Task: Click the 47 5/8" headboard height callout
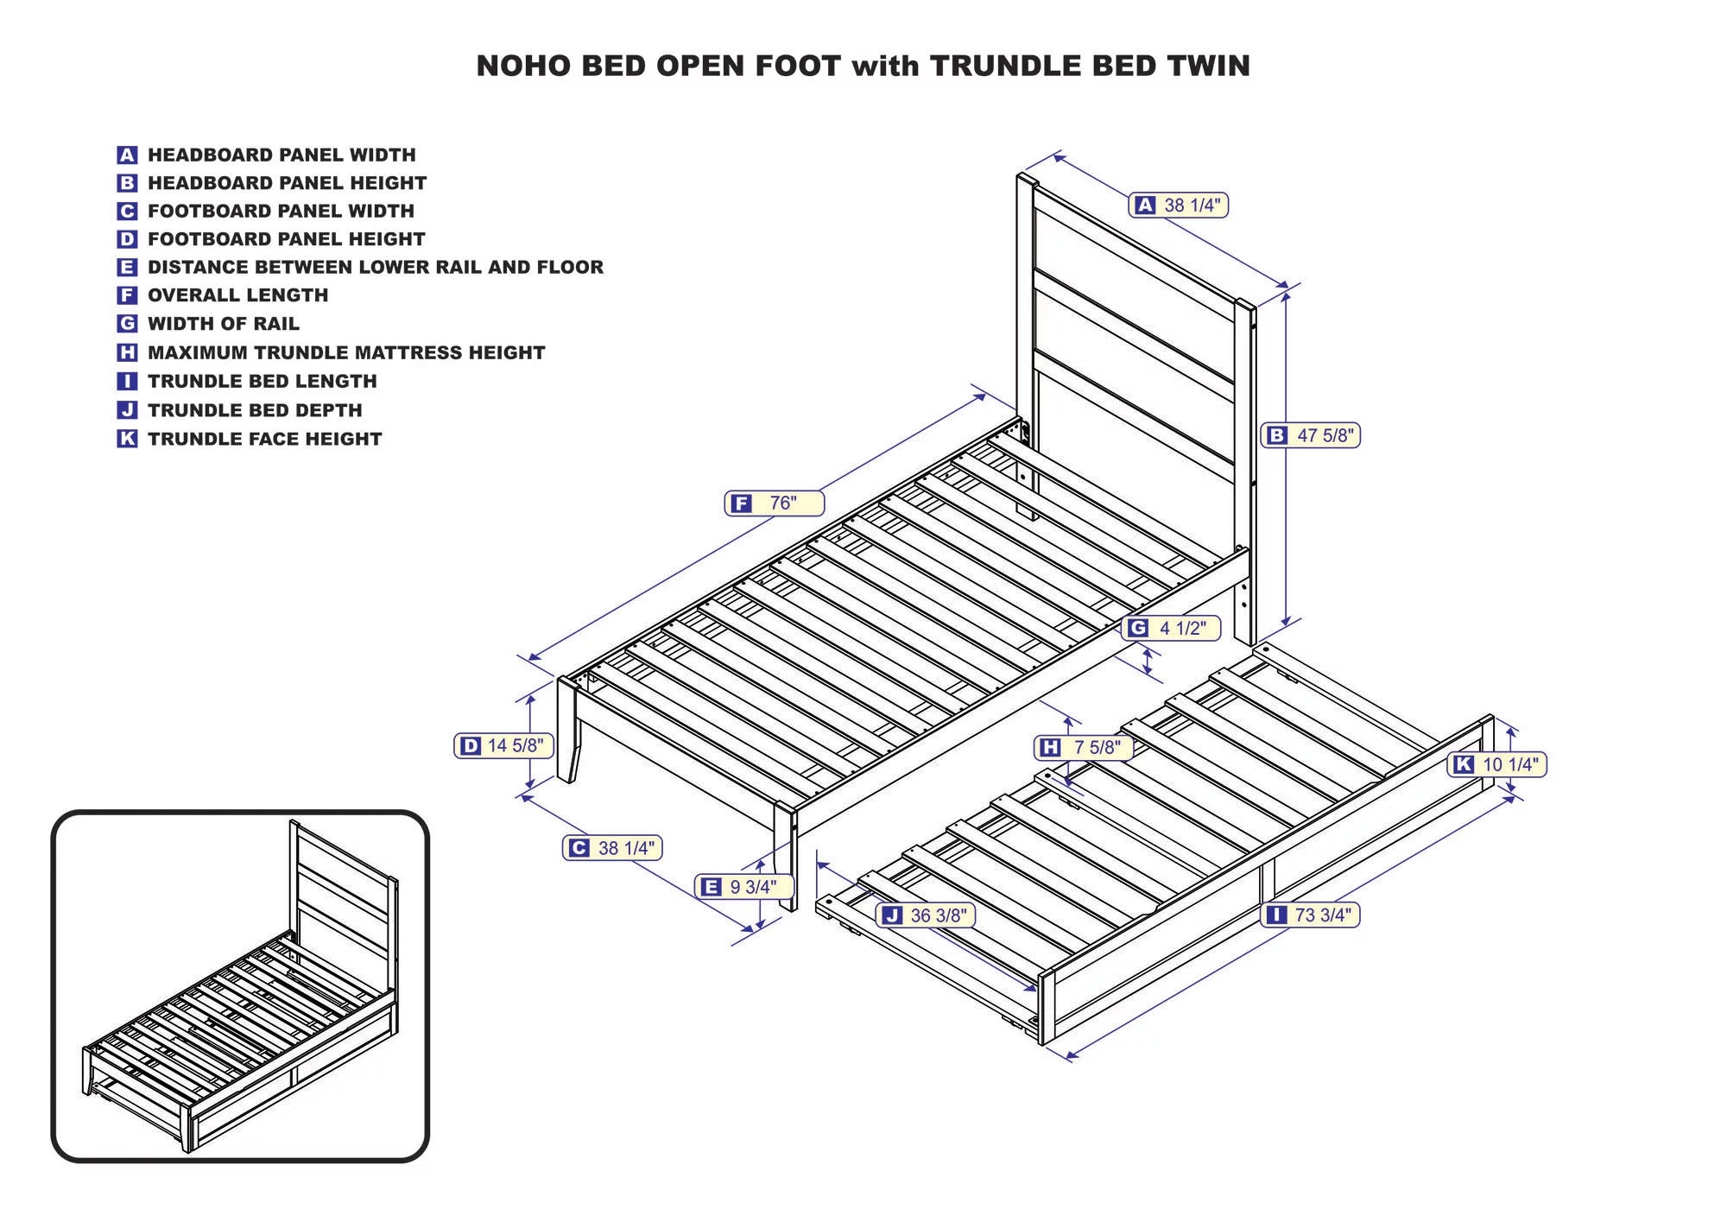click(1310, 435)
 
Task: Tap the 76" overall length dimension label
click(774, 503)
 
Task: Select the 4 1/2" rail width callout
click(1171, 628)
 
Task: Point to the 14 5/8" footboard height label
click(503, 745)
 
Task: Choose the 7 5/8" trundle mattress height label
click(1084, 747)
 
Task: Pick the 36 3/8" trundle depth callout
click(926, 915)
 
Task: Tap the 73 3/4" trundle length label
click(1310, 915)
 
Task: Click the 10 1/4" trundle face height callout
click(1497, 764)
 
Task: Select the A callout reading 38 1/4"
click(1178, 205)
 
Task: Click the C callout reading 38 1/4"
click(612, 848)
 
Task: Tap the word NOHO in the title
click(523, 66)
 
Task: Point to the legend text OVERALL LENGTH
click(237, 295)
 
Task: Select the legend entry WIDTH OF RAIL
click(223, 324)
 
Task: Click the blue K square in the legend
click(127, 439)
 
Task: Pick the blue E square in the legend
click(127, 268)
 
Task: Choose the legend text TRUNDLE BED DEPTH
click(255, 410)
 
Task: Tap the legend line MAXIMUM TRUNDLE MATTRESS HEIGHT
click(345, 352)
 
